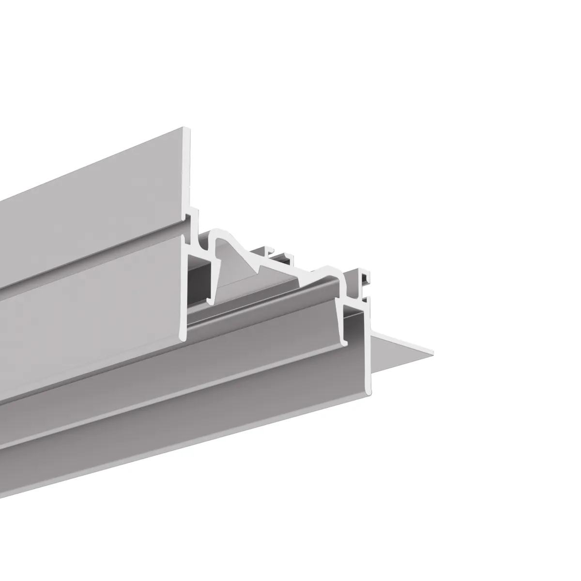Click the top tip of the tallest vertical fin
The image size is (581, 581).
click(x=186, y=129)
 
